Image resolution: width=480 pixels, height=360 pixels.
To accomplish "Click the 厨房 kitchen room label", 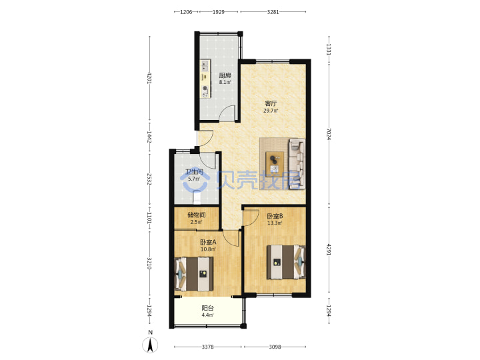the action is point(225,75).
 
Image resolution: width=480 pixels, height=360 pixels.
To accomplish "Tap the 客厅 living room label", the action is point(271,103).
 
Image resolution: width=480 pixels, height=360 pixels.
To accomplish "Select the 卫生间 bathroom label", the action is point(194,172).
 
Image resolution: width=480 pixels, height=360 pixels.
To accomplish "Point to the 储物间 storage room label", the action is point(196,215).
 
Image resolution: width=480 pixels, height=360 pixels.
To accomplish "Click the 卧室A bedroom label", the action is point(208,242).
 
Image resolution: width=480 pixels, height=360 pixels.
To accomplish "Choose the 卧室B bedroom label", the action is point(275,216).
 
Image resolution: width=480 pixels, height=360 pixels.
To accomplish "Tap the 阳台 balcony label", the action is point(207,308).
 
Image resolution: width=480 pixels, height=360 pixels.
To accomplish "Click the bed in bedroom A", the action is point(194,274).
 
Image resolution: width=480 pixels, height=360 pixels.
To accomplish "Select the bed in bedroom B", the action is point(286,262).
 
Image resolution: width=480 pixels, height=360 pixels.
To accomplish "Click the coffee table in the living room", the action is point(275,162).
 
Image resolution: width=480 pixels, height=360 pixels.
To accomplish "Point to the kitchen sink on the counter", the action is point(205,65).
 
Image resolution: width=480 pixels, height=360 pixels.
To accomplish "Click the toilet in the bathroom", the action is point(197,197).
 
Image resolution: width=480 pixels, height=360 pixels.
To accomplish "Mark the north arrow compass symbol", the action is point(150,345).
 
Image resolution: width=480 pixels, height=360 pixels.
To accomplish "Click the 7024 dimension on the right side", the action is point(329,134).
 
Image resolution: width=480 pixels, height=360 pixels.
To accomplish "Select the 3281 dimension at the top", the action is point(273,12).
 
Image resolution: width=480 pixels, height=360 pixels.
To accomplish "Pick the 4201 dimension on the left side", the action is point(150,78).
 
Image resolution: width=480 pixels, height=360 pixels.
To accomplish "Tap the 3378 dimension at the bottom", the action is point(207,347).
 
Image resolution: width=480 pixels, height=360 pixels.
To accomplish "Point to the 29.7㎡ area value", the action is point(271,111).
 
